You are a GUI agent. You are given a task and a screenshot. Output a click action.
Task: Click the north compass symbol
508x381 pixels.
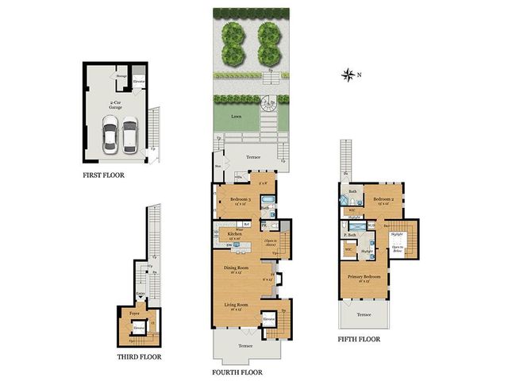[348, 75]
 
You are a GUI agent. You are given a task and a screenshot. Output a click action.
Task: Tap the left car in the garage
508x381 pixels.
[110, 136]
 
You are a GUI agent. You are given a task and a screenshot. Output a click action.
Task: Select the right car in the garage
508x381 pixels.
[129, 136]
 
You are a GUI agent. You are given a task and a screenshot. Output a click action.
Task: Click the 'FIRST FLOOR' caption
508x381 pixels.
[104, 174]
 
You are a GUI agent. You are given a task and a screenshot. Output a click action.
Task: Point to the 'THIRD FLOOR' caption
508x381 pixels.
[140, 356]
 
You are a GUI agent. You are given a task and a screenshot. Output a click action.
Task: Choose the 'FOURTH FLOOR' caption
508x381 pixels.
[237, 371]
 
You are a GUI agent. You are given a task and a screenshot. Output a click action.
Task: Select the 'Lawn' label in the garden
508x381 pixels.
[236, 116]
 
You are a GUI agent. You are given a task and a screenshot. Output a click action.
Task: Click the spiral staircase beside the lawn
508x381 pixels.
[269, 104]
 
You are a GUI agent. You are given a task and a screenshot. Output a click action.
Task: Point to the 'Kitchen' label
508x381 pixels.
[235, 235]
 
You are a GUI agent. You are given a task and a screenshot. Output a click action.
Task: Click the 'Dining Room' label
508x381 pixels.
[237, 268]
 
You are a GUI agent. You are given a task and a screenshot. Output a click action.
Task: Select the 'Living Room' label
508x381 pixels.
[237, 306]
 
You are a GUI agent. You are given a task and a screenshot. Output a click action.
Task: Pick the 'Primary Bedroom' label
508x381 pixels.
[364, 276]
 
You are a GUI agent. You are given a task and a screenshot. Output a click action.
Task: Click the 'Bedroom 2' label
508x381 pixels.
[385, 199]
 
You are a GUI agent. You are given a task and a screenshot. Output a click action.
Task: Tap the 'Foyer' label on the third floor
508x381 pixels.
[134, 313]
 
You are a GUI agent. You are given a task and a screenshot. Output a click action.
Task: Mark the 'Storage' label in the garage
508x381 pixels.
[122, 76]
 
